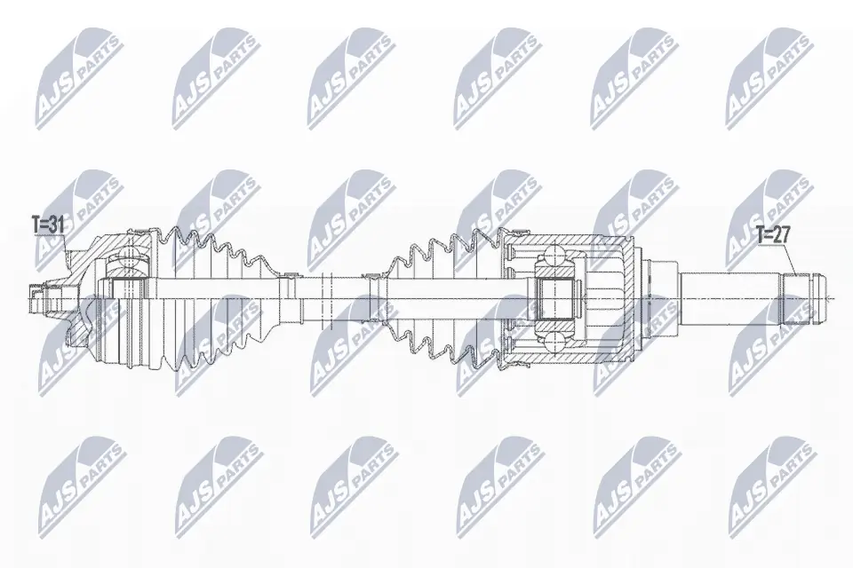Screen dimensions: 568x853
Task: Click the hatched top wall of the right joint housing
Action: pyautogui.click(x=569, y=239)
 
